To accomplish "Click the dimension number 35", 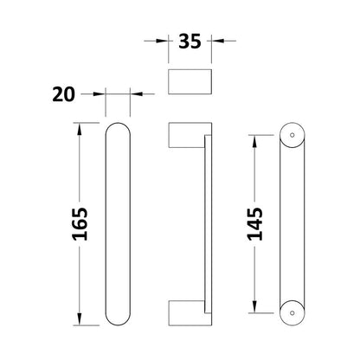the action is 190,42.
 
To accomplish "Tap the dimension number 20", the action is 63,94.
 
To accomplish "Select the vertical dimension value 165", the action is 80,224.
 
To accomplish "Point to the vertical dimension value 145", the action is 255,224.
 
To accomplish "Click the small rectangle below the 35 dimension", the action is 190,81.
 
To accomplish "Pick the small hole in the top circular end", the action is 292,135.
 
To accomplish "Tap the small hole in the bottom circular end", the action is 292,312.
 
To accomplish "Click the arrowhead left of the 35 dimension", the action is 163,41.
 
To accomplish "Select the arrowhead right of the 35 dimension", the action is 217,41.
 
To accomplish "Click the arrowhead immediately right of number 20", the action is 136,93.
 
